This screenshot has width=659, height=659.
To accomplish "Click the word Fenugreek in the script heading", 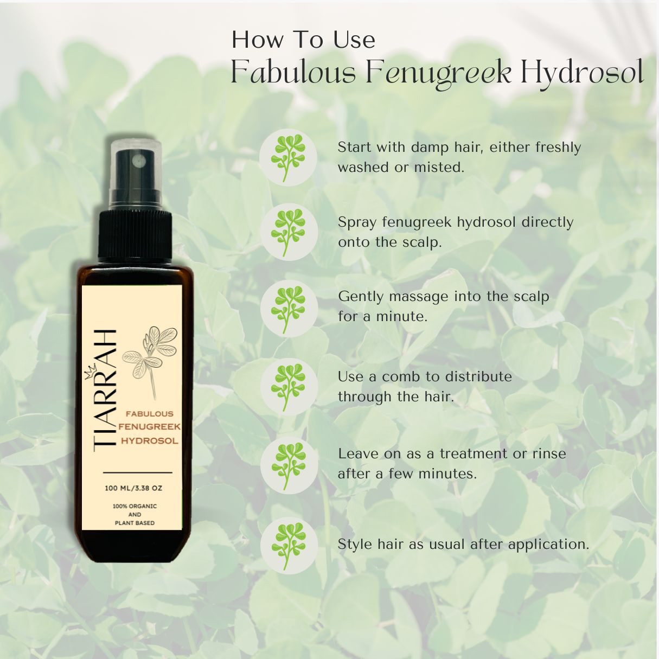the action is [438, 73].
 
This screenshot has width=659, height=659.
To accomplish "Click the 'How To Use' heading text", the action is [303, 40].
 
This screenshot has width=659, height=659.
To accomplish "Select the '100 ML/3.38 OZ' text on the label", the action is [133, 488].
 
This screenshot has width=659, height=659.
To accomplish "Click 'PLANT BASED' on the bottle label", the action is [135, 523].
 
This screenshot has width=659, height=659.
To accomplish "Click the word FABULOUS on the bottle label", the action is [150, 414].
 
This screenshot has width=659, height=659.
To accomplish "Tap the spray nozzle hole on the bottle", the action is [138, 159].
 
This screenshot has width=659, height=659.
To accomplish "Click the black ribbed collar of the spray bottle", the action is [135, 235].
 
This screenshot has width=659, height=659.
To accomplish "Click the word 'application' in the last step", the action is [548, 545].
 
